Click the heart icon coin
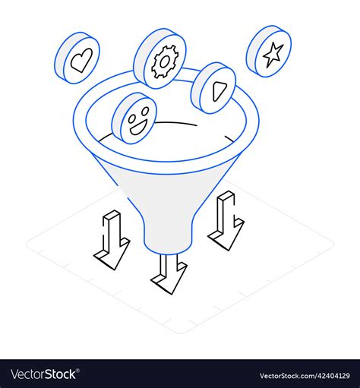[77, 58]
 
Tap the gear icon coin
[160, 58]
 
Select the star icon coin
[270, 51]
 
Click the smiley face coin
[134, 118]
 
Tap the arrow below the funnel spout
[169, 274]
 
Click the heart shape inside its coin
[81, 59]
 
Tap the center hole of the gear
[164, 62]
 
